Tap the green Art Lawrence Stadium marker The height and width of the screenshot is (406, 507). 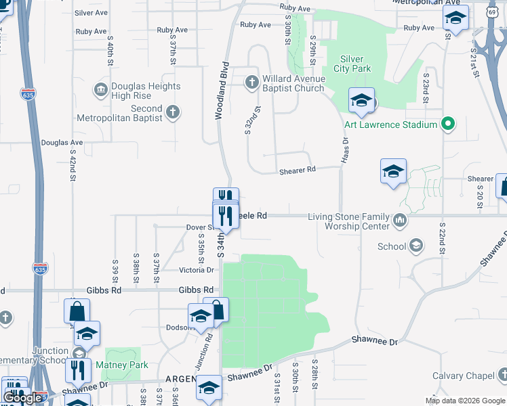tap(447, 125)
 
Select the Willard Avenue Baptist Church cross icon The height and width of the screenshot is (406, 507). tap(251, 83)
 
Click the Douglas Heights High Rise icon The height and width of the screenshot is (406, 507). tap(101, 89)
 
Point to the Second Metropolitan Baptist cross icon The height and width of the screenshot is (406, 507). tap(173, 112)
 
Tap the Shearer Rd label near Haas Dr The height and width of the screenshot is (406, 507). tap(298, 171)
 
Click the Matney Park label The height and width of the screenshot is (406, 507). tap(122, 365)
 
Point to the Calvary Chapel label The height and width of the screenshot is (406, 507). tap(465, 376)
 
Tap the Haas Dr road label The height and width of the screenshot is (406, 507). tap(345, 150)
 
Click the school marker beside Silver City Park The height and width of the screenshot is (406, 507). tap(362, 101)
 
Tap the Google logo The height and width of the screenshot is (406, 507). tap(22, 398)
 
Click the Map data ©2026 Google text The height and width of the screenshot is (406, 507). tap(464, 401)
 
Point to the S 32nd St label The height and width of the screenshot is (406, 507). tap(250, 120)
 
